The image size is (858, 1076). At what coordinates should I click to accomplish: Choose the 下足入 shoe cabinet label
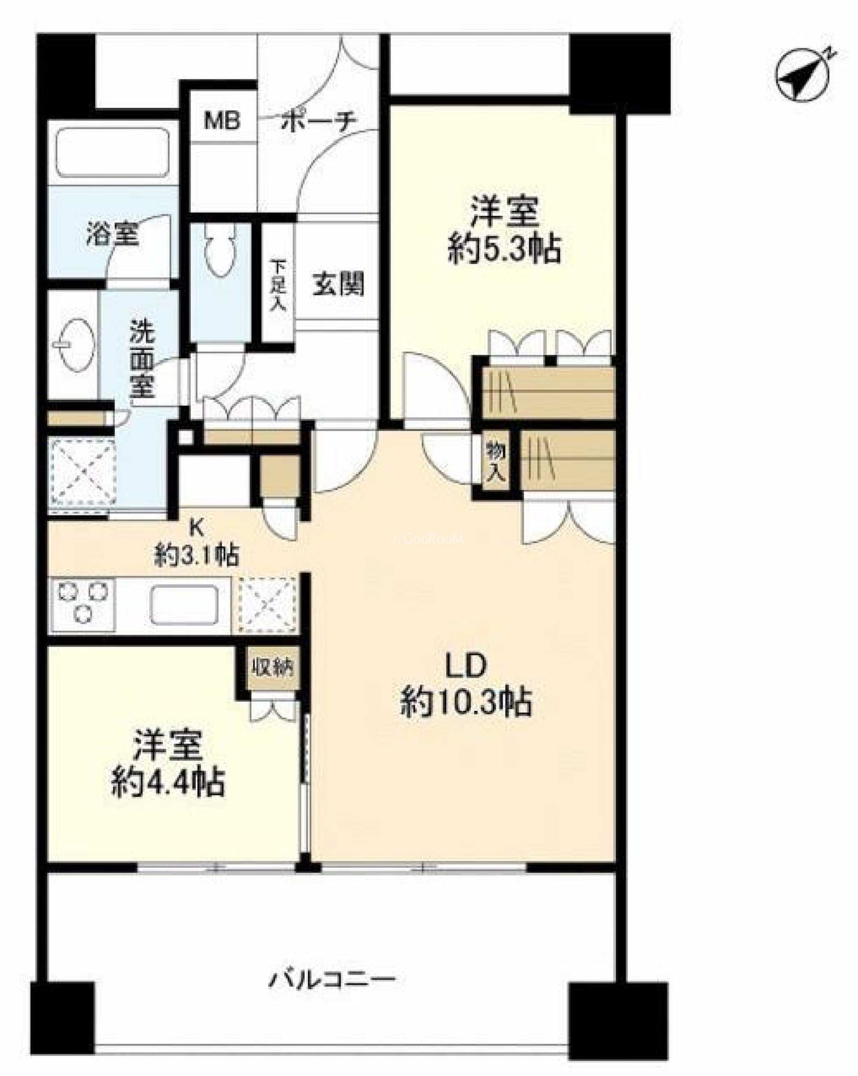point(278,285)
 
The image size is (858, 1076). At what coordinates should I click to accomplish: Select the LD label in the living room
point(465,665)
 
